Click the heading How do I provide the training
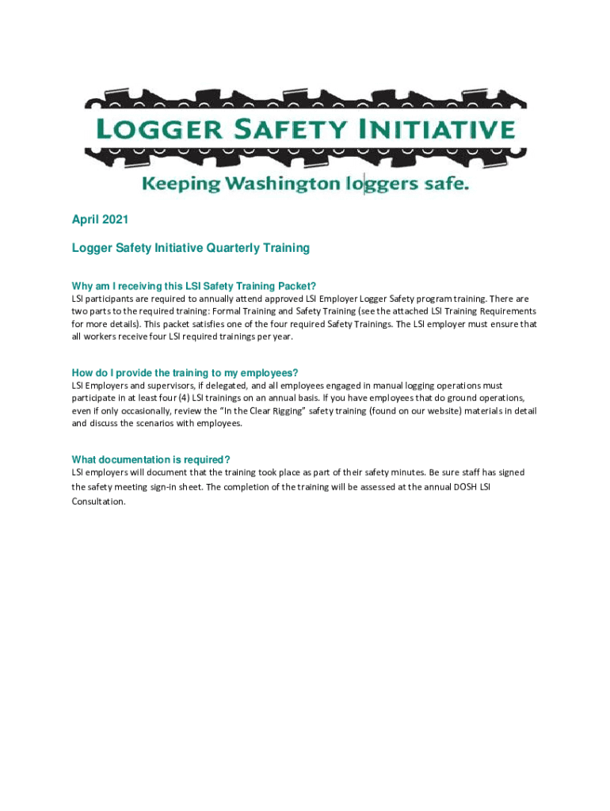click(x=185, y=373)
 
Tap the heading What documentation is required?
click(x=151, y=459)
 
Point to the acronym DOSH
click(x=460, y=486)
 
